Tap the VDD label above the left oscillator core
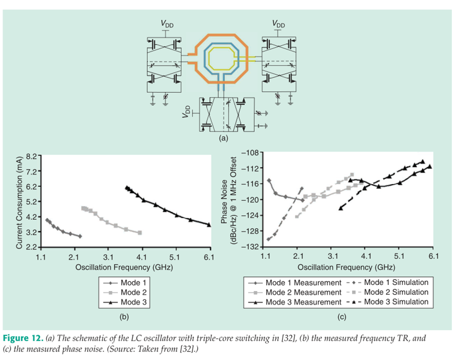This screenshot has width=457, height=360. pos(166,24)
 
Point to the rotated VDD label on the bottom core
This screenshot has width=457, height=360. pos(186,114)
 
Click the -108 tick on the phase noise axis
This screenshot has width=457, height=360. pos(250,152)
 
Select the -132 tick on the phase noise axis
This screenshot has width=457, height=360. pos(250,247)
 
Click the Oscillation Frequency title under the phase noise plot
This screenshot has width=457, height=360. pos(346,267)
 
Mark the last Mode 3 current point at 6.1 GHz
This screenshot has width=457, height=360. pos(209,224)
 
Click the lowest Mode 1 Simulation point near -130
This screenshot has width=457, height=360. pos(269,239)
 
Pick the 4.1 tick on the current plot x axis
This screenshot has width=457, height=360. pos(141,256)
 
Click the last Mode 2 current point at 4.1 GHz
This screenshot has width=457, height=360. pos(140,233)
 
